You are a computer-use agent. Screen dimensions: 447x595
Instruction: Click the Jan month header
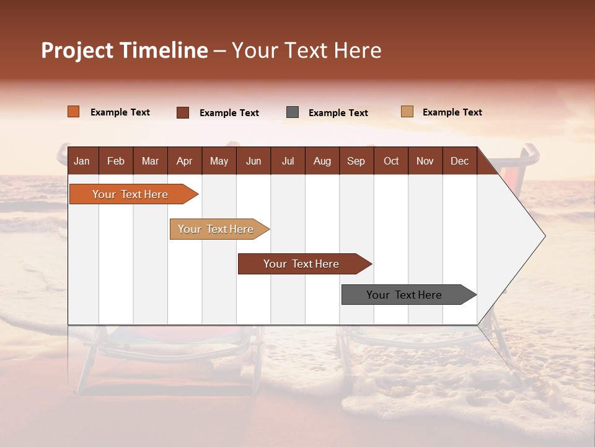82,161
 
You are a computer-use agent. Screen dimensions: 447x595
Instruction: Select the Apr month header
184,161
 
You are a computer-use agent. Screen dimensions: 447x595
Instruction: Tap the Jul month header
288,161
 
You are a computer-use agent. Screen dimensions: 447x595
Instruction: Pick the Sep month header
356,161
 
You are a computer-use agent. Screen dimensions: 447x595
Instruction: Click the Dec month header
459,161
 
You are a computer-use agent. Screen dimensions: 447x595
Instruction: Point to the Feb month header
116,161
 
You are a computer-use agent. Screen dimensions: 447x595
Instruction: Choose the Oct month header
391,161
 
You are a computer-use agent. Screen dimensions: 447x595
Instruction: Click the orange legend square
73,112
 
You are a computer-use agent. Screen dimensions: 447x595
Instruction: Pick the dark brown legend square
183,112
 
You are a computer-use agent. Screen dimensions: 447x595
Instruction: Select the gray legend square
293,112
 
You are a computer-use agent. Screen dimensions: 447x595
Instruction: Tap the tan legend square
407,112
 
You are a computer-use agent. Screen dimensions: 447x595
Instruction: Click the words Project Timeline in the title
125,50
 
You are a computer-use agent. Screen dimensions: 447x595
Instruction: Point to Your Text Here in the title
306,50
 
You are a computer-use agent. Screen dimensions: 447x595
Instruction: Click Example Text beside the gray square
338,113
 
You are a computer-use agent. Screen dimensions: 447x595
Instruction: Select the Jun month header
253,161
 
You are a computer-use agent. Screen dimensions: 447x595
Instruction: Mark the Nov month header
425,161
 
